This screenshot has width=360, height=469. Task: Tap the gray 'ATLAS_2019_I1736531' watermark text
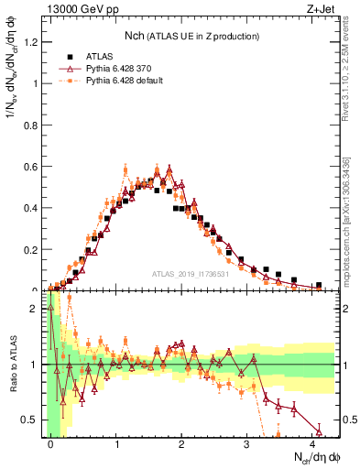(192, 274)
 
